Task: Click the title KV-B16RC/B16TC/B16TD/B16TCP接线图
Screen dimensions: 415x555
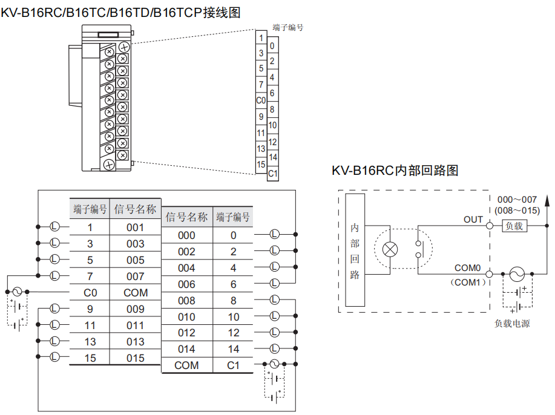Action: pyautogui.click(x=120, y=11)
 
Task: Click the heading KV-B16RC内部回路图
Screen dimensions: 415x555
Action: pyautogui.click(x=395, y=171)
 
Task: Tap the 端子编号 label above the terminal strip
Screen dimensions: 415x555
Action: pyautogui.click(x=287, y=27)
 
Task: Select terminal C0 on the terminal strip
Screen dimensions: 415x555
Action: pyautogui.click(x=261, y=100)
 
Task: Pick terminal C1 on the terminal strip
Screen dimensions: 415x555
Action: pyautogui.click(x=273, y=174)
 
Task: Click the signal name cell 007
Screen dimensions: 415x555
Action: pyautogui.click(x=136, y=276)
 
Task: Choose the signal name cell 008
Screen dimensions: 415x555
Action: pyautogui.click(x=186, y=301)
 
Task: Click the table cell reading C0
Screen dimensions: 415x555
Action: pyautogui.click(x=90, y=293)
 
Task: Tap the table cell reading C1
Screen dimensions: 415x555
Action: pyautogui.click(x=233, y=365)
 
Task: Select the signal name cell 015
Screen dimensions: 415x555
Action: pyautogui.click(x=136, y=358)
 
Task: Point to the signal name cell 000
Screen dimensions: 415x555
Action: pyautogui.click(x=186, y=235)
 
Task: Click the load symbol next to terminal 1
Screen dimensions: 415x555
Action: pyautogui.click(x=54, y=227)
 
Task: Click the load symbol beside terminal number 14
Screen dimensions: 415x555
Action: pyautogui.click(x=274, y=348)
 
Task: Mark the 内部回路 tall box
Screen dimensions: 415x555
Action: pyautogui.click(x=355, y=250)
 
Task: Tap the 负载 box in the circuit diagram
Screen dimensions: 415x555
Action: pyautogui.click(x=514, y=226)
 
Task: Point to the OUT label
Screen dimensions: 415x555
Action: pyautogui.click(x=473, y=219)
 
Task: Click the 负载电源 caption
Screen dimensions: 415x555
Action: pyautogui.click(x=512, y=324)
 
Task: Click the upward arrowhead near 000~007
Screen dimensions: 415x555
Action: pyautogui.click(x=547, y=199)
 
